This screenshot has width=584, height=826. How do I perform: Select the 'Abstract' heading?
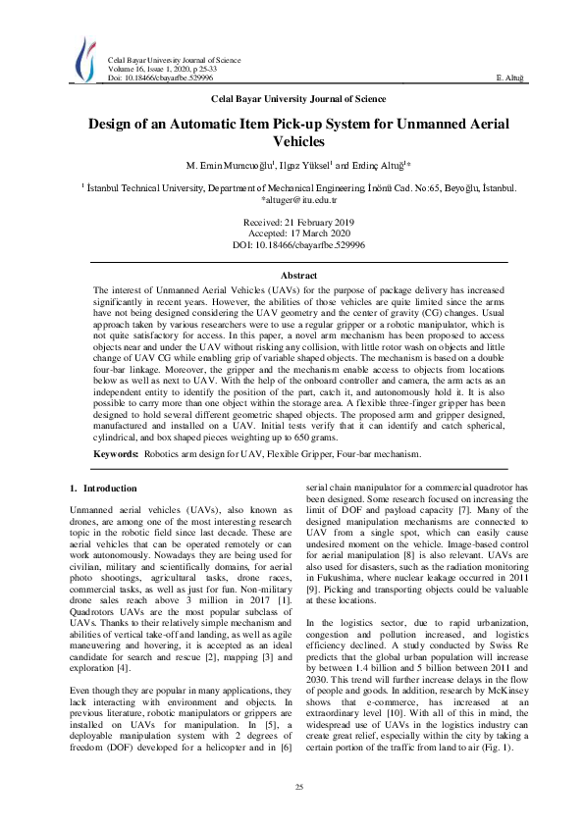click(299, 278)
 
